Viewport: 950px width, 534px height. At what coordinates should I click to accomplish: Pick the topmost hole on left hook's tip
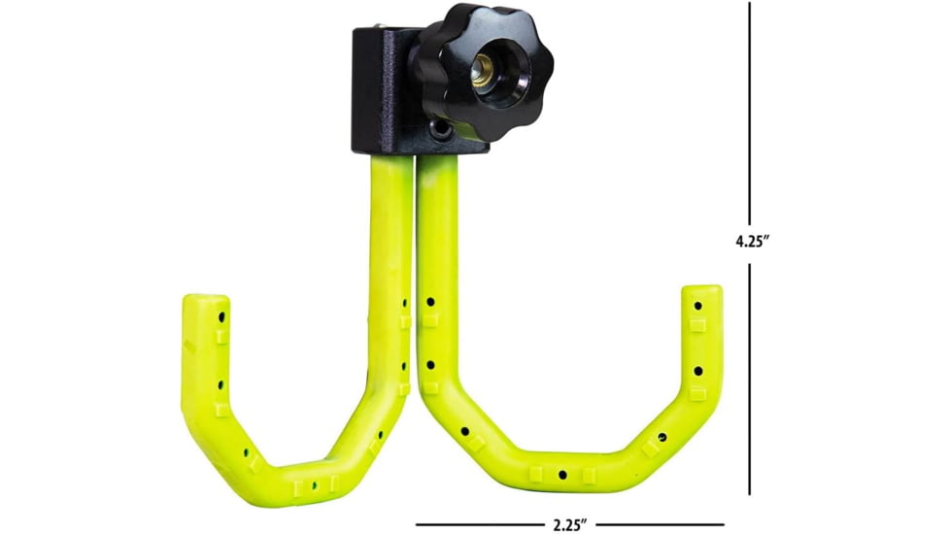click(221, 317)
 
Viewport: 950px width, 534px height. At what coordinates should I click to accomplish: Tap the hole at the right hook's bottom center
click(562, 475)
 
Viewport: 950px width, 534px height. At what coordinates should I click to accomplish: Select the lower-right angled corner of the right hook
click(670, 442)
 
